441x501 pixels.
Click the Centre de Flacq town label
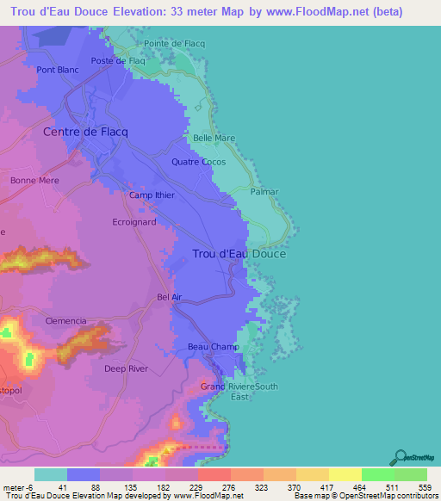coord(85,132)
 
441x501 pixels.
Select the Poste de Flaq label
coord(119,61)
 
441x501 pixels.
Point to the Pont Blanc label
coord(58,71)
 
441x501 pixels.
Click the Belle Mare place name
coord(214,138)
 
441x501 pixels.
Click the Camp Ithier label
coord(152,195)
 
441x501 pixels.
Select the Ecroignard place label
coord(134,221)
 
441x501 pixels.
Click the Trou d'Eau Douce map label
coord(239,254)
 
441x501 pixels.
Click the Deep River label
coord(126,368)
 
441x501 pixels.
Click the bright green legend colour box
coord(377,474)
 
